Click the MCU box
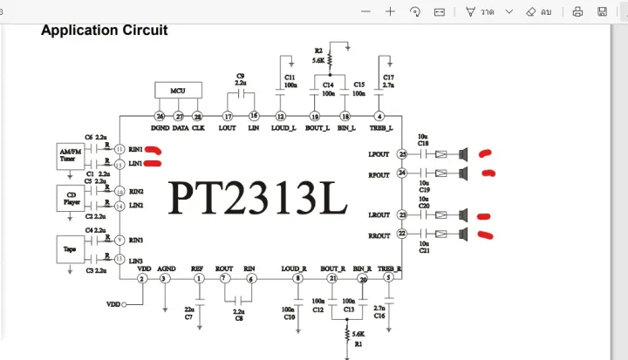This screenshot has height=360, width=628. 178,91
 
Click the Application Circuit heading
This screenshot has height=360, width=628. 105,31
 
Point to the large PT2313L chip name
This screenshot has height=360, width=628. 258,198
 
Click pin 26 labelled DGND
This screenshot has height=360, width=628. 160,116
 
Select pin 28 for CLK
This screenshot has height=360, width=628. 198,116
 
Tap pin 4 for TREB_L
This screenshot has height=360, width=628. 379,116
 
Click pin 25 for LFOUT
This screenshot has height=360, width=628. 402,154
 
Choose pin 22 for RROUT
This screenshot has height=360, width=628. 402,234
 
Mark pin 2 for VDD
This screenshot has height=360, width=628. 142,278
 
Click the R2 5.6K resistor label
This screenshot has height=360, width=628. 319,57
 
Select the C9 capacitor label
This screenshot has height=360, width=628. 240,79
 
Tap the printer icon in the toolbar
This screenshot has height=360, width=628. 577,12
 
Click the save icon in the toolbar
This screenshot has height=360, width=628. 602,12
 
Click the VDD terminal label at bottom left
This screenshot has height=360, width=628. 113,304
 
